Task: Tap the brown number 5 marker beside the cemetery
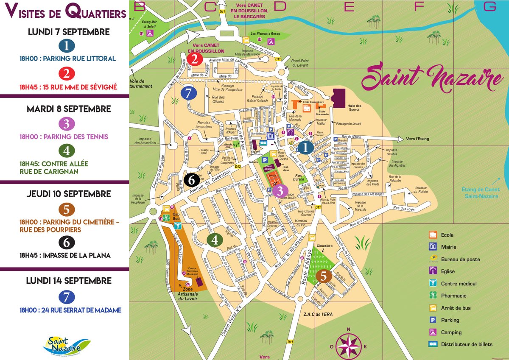click(x=323, y=276)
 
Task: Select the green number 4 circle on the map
click(x=215, y=240)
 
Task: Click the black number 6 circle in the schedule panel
click(x=67, y=243)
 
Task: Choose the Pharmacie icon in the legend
click(x=433, y=296)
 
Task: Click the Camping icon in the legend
click(x=433, y=332)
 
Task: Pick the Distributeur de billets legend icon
click(x=433, y=344)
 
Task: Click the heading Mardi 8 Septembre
click(x=68, y=109)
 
